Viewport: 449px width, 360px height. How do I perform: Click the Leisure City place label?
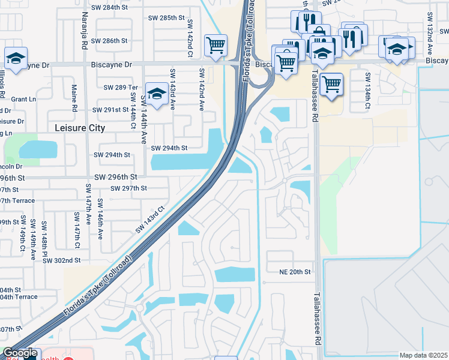[80, 128]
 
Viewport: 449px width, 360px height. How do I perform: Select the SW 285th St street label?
[167, 18]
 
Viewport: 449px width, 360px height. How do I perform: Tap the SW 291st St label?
[111, 110]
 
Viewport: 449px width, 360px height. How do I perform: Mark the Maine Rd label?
[75, 98]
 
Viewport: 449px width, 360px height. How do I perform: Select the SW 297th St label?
[129, 188]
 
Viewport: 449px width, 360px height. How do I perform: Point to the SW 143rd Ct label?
[150, 220]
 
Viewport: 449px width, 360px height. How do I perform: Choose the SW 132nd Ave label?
[429, 31]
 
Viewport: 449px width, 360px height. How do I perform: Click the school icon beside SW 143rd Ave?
[157, 94]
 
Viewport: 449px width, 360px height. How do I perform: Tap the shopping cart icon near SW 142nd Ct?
[215, 44]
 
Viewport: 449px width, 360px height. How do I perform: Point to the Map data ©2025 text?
[423, 355]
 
